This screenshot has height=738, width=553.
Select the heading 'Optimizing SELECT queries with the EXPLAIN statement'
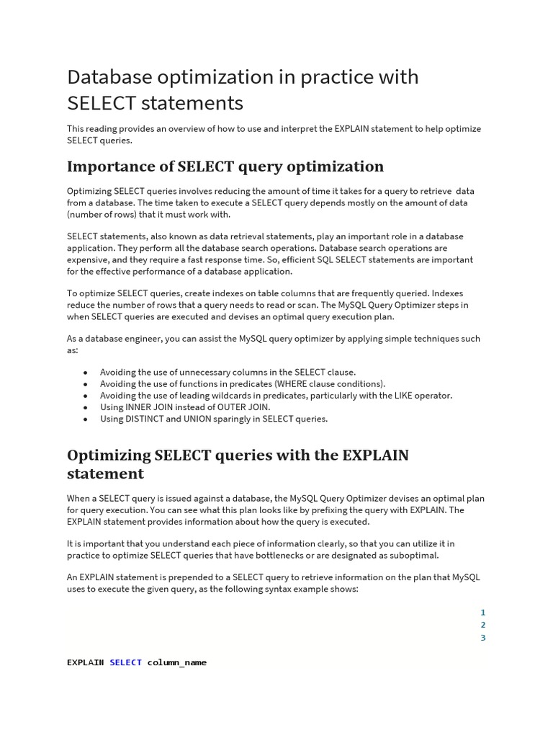click(238, 464)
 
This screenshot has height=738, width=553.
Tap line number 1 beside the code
click(483, 613)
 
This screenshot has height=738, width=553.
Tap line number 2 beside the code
click(483, 625)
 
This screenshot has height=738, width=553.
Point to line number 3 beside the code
click(483, 638)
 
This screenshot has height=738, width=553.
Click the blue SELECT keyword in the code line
click(125, 662)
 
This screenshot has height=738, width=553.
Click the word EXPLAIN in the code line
click(85, 662)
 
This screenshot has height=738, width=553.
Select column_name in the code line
click(177, 662)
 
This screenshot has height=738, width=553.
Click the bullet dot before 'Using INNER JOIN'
click(86, 407)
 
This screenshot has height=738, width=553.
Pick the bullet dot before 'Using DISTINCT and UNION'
click(86, 419)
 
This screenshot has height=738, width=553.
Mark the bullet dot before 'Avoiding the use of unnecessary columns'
click(86, 373)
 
